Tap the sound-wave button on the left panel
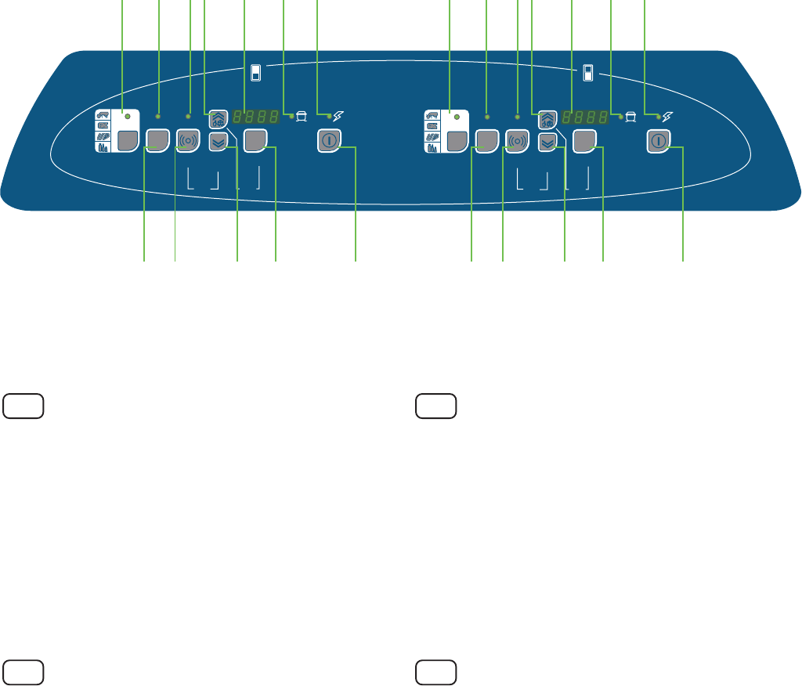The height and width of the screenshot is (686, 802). (188, 140)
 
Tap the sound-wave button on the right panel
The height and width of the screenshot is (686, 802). (517, 140)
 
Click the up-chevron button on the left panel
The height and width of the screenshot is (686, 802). (218, 119)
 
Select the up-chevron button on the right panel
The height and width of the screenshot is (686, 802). (547, 119)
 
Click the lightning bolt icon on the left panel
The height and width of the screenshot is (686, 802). (338, 117)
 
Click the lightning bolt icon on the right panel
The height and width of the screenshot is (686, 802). (667, 117)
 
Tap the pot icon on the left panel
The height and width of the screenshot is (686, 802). (301, 117)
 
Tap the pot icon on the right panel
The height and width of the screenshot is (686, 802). (630, 117)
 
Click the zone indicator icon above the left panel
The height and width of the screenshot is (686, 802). (255, 73)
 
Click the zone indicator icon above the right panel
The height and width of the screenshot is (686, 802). (588, 73)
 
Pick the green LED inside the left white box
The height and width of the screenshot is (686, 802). (127, 115)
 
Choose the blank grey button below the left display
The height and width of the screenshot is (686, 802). (255, 140)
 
